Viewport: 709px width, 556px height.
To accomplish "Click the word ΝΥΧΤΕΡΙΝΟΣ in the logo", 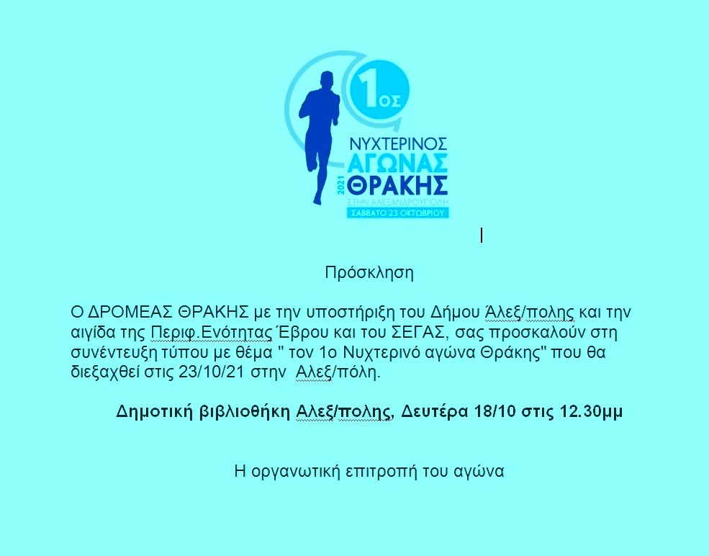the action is point(399,144).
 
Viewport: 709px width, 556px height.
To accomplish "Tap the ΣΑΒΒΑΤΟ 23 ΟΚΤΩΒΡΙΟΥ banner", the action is point(398,212).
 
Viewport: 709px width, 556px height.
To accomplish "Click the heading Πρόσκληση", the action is point(369,273).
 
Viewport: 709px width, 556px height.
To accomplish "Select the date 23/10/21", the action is point(212,372).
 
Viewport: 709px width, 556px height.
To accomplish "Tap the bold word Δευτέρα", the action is point(434,412).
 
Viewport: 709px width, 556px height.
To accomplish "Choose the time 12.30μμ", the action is point(592,412).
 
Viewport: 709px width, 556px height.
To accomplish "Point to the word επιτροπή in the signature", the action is point(381,472).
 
